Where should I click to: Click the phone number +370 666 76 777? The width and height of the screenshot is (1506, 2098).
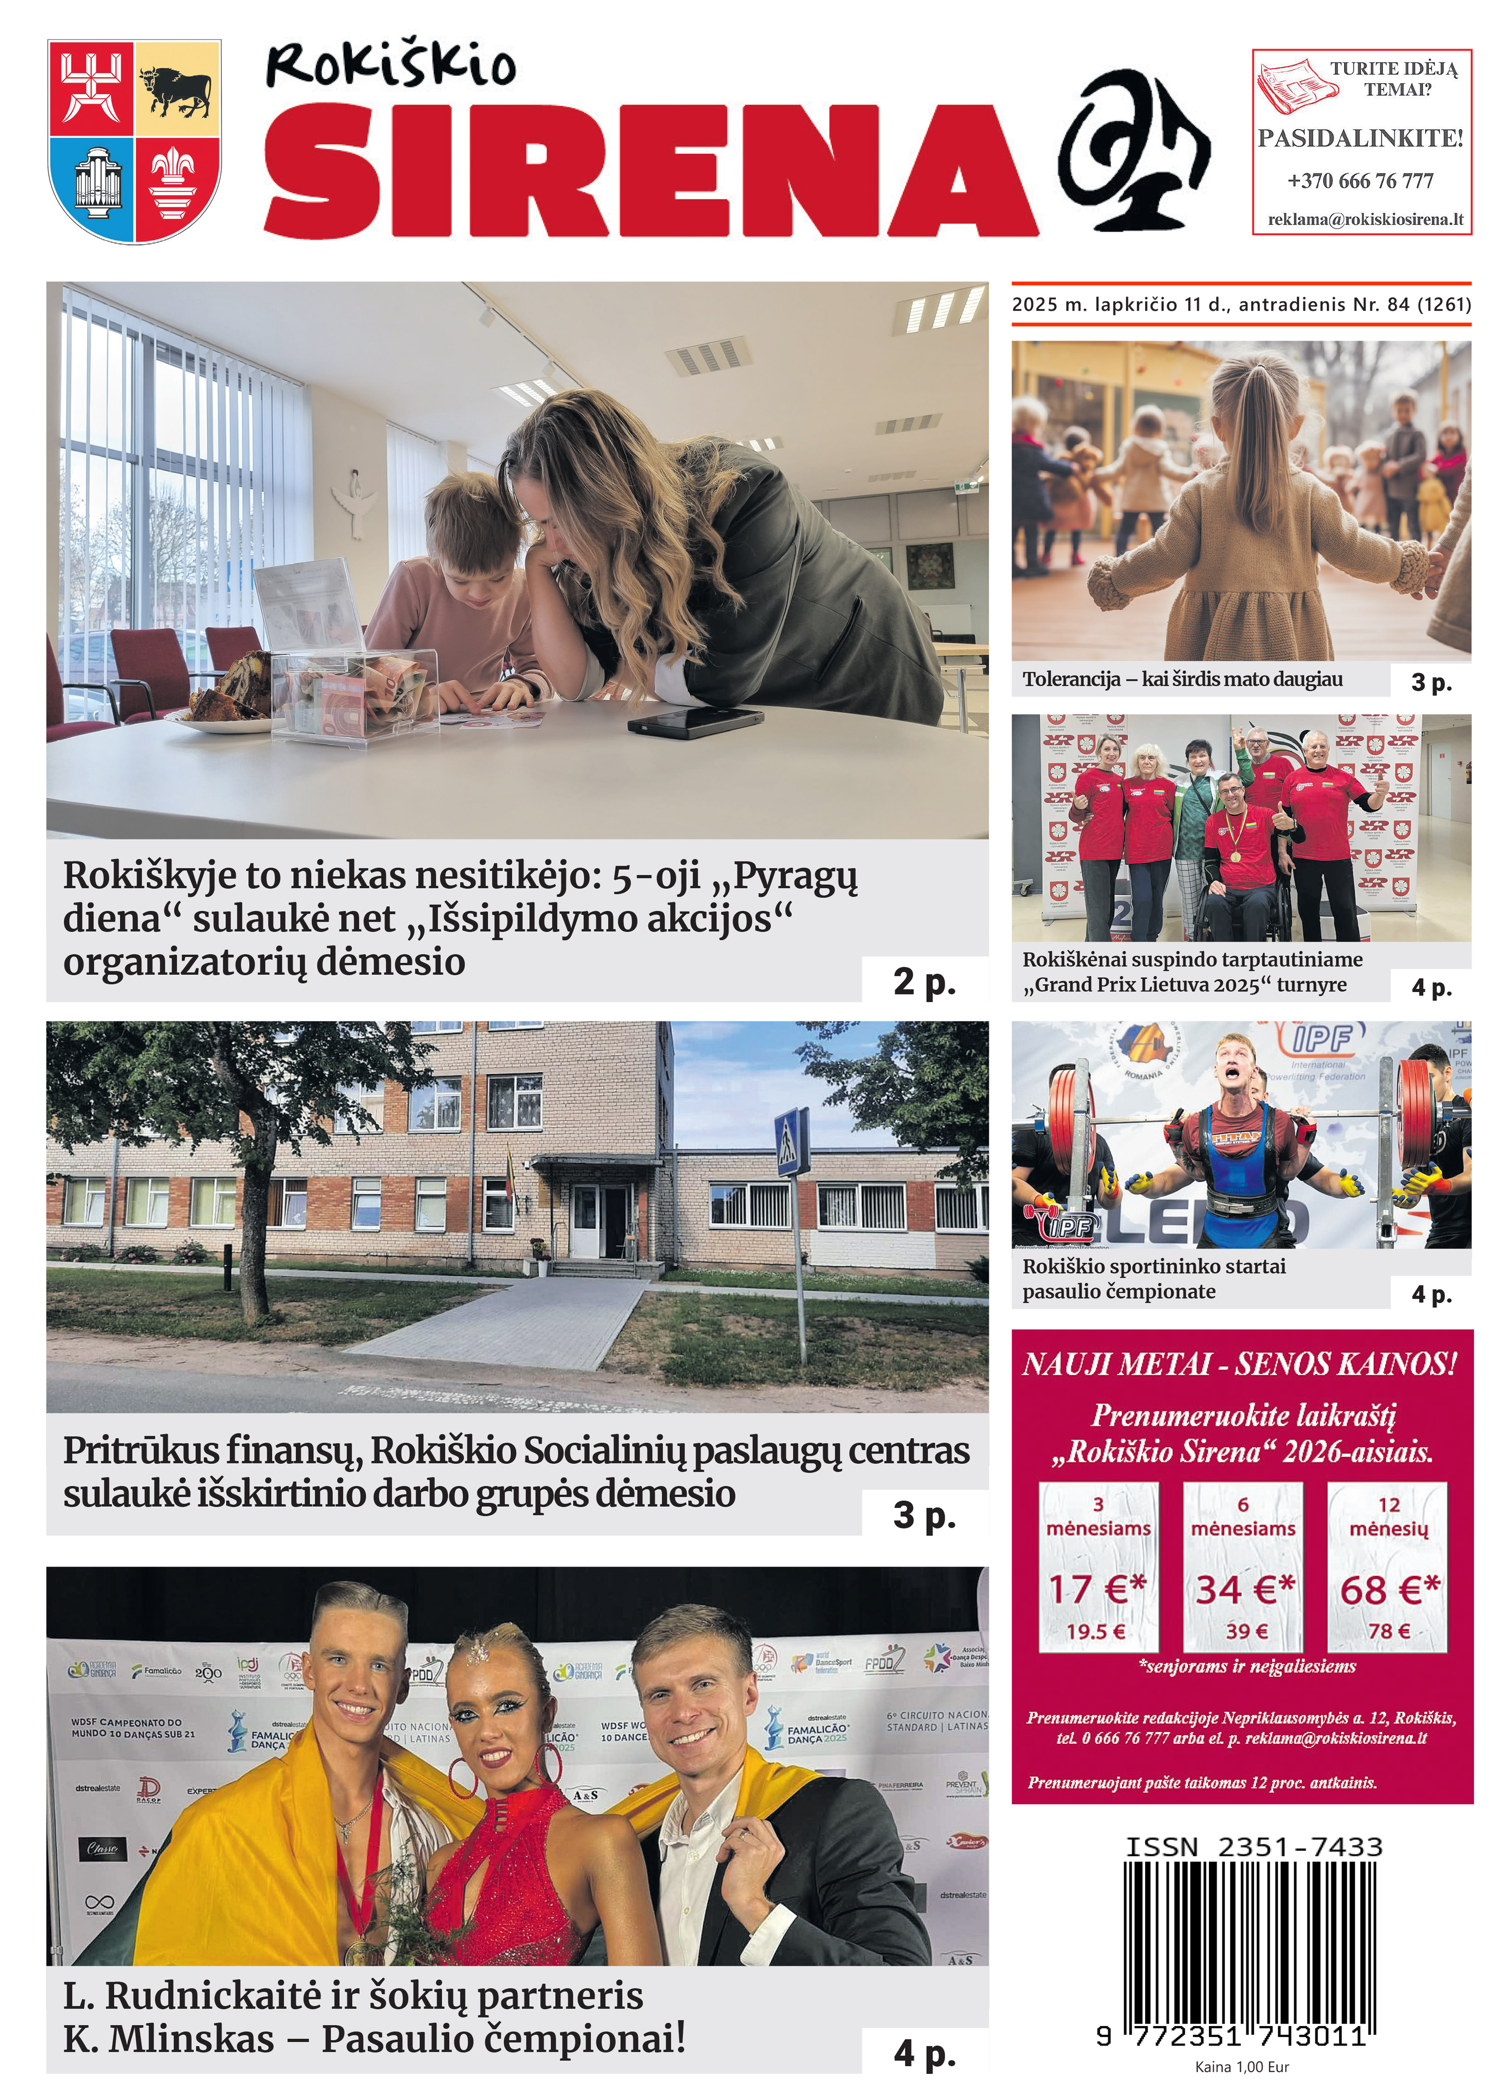[x=1360, y=180]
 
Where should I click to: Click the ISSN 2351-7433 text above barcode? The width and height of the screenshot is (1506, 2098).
[x=1254, y=1847]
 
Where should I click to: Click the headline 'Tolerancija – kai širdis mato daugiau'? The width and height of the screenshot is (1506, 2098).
[x=1182, y=680]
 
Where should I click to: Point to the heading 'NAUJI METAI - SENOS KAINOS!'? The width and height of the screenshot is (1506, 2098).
[x=1240, y=1364]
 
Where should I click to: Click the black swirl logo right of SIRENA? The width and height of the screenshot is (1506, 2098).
[x=1133, y=152]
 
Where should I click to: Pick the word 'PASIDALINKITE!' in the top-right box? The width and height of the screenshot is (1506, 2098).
[x=1360, y=139]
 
